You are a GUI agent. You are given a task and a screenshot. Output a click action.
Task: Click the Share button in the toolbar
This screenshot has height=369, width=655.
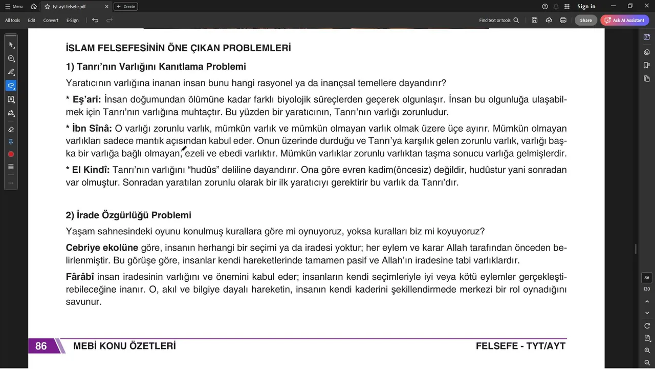click(586, 20)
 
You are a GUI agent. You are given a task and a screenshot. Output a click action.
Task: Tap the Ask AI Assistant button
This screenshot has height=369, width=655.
click(625, 20)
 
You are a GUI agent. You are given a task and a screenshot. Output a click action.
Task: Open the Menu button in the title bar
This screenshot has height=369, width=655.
click(14, 7)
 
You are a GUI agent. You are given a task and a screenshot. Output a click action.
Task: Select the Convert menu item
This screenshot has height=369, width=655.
click(51, 20)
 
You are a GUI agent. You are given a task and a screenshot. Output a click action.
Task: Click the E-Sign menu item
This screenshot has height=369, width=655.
click(73, 20)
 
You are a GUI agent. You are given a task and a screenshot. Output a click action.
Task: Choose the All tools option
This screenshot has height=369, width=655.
click(12, 20)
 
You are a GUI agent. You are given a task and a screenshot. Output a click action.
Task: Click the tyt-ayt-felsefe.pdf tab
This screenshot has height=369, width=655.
click(69, 7)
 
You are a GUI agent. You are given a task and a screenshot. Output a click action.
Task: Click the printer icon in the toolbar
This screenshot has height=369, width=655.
click(563, 20)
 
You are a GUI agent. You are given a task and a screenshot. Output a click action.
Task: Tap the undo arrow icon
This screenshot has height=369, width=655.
click(95, 20)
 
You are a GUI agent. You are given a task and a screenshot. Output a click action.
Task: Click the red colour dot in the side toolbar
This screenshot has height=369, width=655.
click(11, 154)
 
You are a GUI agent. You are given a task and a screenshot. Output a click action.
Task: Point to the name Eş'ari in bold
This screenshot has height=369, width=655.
click(87, 99)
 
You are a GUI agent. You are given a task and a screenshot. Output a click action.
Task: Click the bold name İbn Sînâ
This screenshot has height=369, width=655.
click(92, 128)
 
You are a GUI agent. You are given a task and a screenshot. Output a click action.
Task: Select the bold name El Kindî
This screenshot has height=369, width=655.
click(91, 170)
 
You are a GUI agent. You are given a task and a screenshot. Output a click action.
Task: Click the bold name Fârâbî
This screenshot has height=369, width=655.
click(80, 277)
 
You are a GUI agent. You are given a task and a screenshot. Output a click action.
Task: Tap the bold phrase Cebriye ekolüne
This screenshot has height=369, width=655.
click(102, 248)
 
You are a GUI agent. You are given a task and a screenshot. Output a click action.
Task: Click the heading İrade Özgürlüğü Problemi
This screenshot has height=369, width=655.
click(128, 215)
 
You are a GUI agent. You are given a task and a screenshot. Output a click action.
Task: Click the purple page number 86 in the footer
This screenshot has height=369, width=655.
click(41, 346)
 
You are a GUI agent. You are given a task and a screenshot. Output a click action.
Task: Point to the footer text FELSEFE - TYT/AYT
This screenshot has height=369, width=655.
click(520, 346)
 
